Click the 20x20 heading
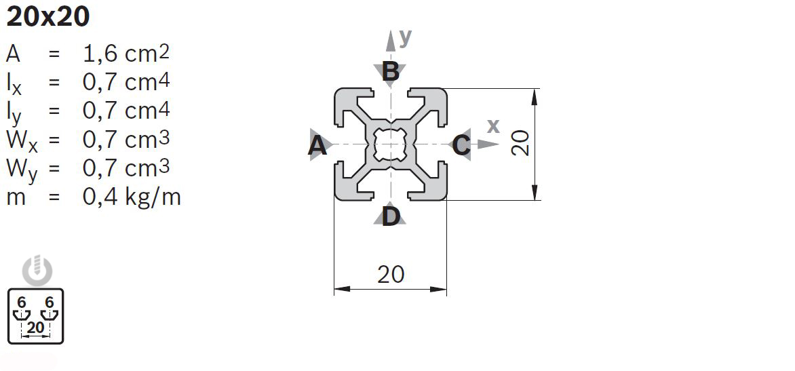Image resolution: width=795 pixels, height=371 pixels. (47, 17)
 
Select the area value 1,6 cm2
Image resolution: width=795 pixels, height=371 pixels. (126, 53)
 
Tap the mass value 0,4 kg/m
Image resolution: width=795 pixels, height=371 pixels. (132, 197)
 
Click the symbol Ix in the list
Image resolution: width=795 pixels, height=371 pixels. (14, 83)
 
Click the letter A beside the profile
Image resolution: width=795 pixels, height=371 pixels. (317, 145)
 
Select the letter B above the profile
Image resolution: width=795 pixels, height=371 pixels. (390, 71)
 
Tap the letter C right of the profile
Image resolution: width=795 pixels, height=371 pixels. (461, 145)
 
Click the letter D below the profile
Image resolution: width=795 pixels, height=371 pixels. (390, 217)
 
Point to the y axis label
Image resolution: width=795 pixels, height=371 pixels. (406, 37)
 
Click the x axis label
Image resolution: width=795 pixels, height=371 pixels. (493, 126)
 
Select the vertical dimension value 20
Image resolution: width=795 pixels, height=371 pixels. (520, 144)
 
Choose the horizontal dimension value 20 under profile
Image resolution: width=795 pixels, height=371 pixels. (391, 274)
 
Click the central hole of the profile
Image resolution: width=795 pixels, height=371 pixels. (390, 144)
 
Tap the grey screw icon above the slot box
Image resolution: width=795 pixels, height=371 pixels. (37, 271)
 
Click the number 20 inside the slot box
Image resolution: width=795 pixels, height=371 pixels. (36, 328)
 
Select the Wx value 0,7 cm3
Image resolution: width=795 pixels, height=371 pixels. (126, 140)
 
